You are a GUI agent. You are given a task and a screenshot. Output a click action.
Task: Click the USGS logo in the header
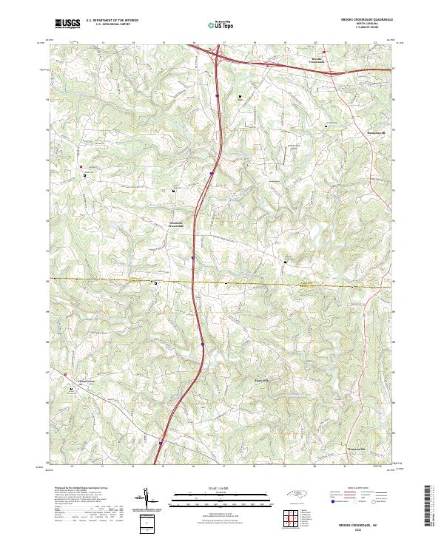coord(67,24)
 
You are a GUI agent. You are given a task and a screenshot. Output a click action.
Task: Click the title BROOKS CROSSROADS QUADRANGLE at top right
coord(362,20)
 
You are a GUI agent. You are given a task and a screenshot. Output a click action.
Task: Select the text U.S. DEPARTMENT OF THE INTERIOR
coord(112,20)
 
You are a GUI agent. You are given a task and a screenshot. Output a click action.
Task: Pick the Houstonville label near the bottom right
coord(357,449)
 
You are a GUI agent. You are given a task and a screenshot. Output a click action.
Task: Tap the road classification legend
coord(363,497)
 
